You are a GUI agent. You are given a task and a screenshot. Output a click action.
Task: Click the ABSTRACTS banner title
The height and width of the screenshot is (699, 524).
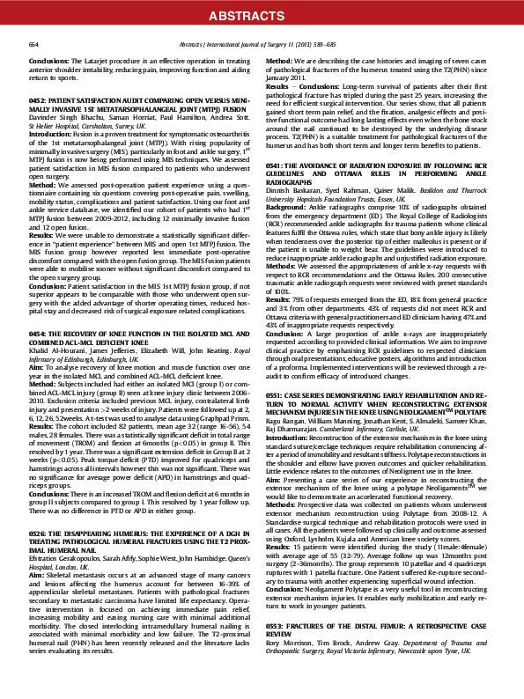point(262,14)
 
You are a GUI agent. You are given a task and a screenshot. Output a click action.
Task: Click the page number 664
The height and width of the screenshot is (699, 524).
point(34,42)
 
